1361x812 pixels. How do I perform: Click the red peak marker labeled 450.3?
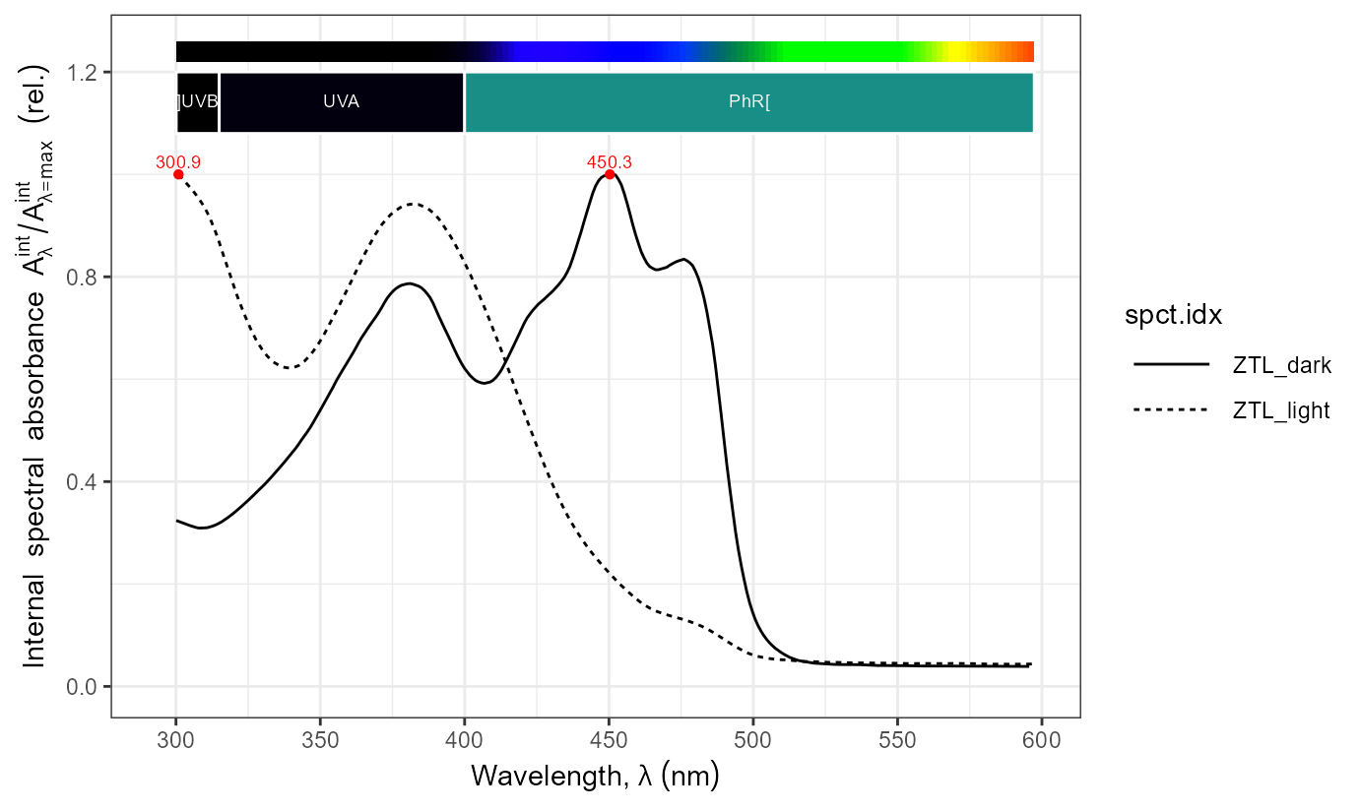tap(610, 174)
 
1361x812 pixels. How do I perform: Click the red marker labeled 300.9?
tap(178, 174)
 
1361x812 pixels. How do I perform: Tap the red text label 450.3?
tap(609, 162)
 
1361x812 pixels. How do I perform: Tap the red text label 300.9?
tap(178, 162)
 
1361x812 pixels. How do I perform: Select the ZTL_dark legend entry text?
tap(1281, 365)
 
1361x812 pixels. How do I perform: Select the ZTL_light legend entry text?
tap(1281, 410)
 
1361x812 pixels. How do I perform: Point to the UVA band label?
tap(341, 101)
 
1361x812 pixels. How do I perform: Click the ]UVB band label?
tap(197, 101)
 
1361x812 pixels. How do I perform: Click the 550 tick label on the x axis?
tap(897, 737)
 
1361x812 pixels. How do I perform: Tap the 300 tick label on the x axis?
tap(176, 737)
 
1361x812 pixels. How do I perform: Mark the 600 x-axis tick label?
tap(1042, 737)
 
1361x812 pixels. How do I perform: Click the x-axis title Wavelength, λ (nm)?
tap(595, 777)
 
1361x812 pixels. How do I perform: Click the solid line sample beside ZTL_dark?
tap(1172, 365)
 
